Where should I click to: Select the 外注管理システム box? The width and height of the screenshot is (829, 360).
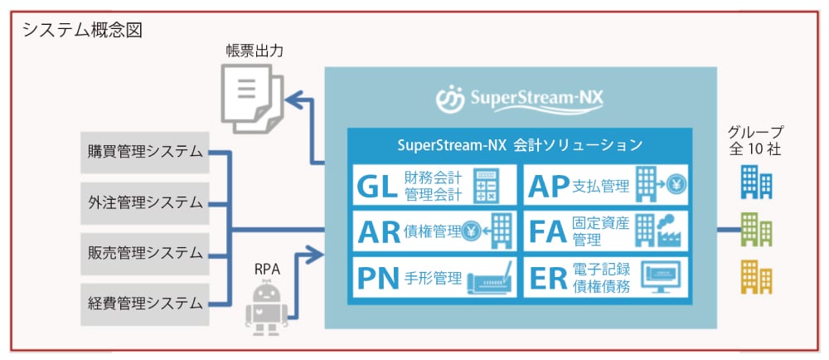coord(145,202)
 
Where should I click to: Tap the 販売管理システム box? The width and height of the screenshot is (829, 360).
coord(145,252)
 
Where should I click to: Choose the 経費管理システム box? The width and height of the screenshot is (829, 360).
coord(145,303)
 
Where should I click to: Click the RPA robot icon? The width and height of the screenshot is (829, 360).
coord(266,307)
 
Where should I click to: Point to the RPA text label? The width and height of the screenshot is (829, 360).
coord(267,269)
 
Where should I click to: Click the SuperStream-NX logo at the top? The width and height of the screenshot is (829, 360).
coord(520,99)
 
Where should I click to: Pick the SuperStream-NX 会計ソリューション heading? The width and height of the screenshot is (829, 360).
coord(520,145)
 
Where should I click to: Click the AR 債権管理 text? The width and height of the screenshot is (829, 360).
coord(409,232)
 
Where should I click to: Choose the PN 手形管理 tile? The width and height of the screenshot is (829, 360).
coord(434,278)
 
